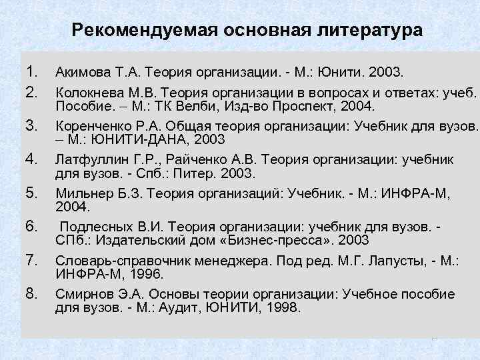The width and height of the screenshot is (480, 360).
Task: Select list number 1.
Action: point(31,71)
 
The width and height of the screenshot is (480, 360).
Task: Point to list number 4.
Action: point(31,158)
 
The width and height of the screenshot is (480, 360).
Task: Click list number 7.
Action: point(31,258)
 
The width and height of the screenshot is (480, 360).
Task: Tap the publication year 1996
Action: point(148,273)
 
